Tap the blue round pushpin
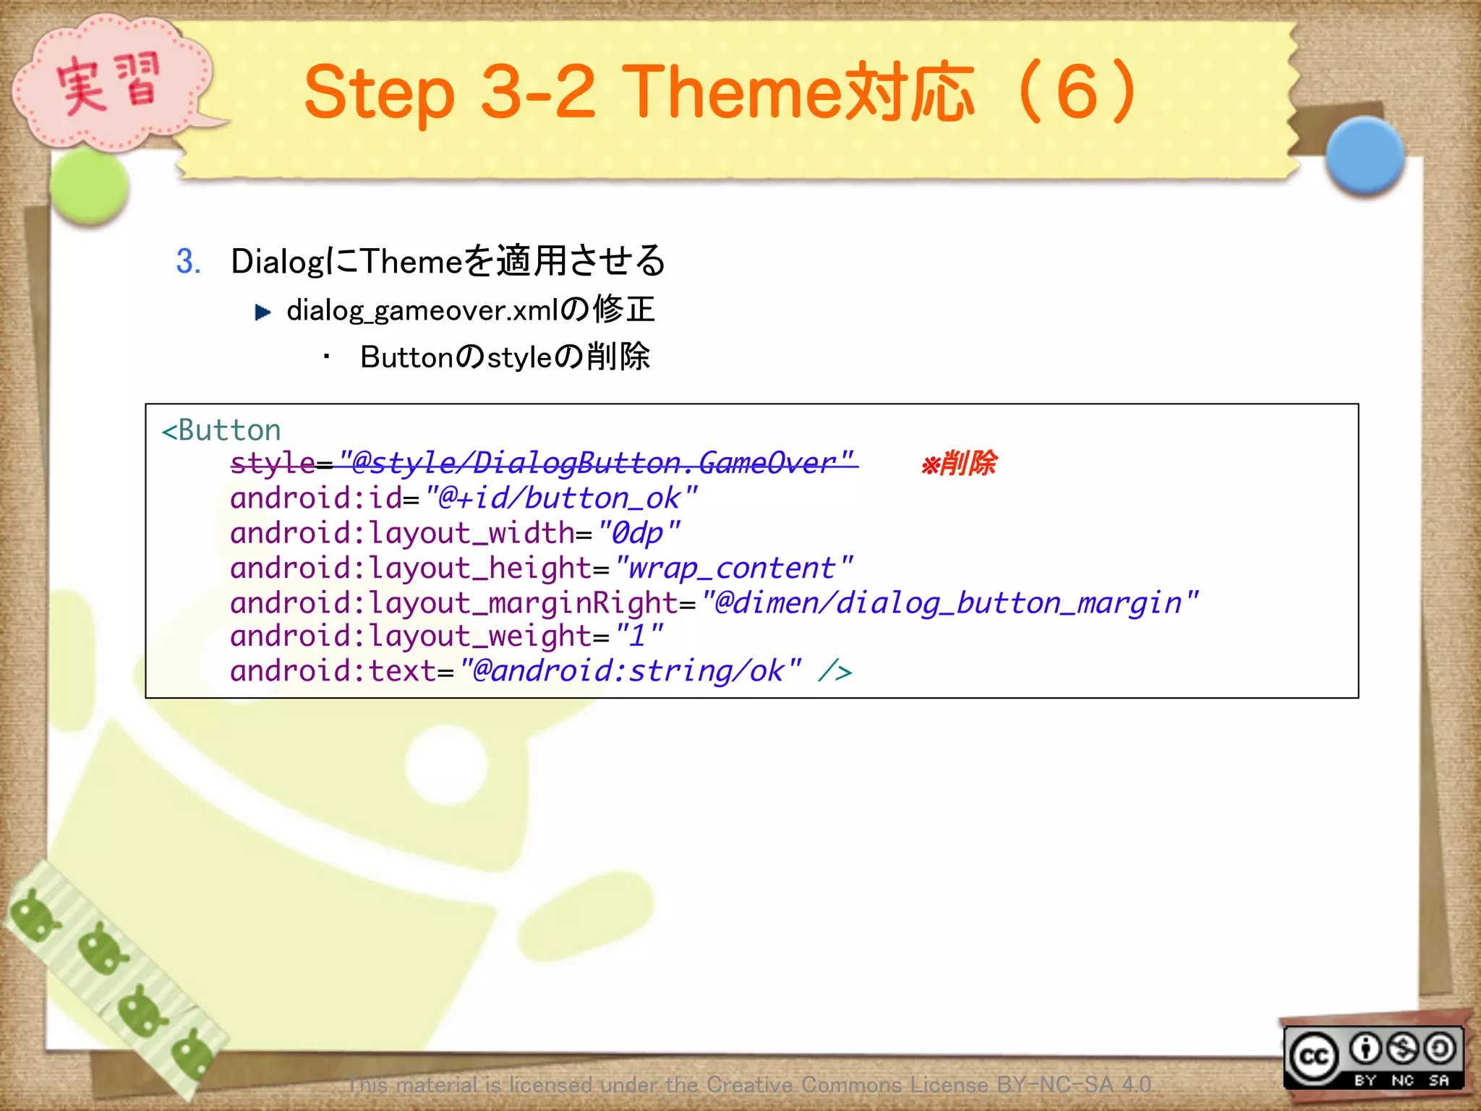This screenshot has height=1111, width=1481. tap(1365, 156)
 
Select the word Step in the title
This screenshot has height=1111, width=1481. tap(379, 93)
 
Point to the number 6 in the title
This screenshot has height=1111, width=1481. tap(1077, 93)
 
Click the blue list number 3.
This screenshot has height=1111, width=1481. tap(187, 261)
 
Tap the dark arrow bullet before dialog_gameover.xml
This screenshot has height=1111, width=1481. tap(263, 312)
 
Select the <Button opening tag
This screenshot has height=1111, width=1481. tap(221, 430)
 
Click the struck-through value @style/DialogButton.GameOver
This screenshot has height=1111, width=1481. tap(597, 463)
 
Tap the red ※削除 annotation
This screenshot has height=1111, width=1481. tap(959, 463)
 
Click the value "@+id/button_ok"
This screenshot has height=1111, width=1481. tap(560, 498)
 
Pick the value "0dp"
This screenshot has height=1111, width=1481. tap(639, 534)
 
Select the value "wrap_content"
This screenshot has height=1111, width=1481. tap(733, 569)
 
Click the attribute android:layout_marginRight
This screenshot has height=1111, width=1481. tap(453, 603)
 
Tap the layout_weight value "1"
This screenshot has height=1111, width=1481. tap(639, 637)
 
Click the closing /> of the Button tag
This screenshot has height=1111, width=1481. tap(835, 672)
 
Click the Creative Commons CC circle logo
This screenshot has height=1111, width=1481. tap(1314, 1057)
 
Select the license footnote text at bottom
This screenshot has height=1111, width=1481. tap(751, 1084)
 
